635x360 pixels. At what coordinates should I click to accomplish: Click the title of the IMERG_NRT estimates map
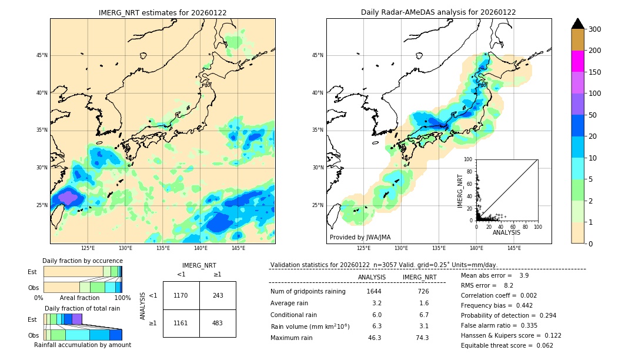(162, 12)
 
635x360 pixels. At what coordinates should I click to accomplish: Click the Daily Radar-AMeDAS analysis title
(439, 12)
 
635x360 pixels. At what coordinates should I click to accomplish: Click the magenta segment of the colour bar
(578, 61)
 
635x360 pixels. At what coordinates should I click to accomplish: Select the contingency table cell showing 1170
(181, 295)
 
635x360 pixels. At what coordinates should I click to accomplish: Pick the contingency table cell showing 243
(218, 295)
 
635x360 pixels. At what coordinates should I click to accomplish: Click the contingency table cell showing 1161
(181, 324)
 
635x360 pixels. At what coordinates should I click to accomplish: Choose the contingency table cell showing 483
(218, 324)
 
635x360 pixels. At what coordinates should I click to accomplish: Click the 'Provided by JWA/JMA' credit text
(360, 238)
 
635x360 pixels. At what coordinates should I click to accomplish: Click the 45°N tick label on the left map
(42, 55)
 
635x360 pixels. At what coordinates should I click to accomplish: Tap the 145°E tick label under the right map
(514, 248)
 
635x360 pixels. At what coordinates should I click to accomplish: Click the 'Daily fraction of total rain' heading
(82, 308)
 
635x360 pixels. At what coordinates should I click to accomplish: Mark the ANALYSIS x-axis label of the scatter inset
(506, 232)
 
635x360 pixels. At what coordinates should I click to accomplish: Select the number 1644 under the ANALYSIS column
(374, 292)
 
